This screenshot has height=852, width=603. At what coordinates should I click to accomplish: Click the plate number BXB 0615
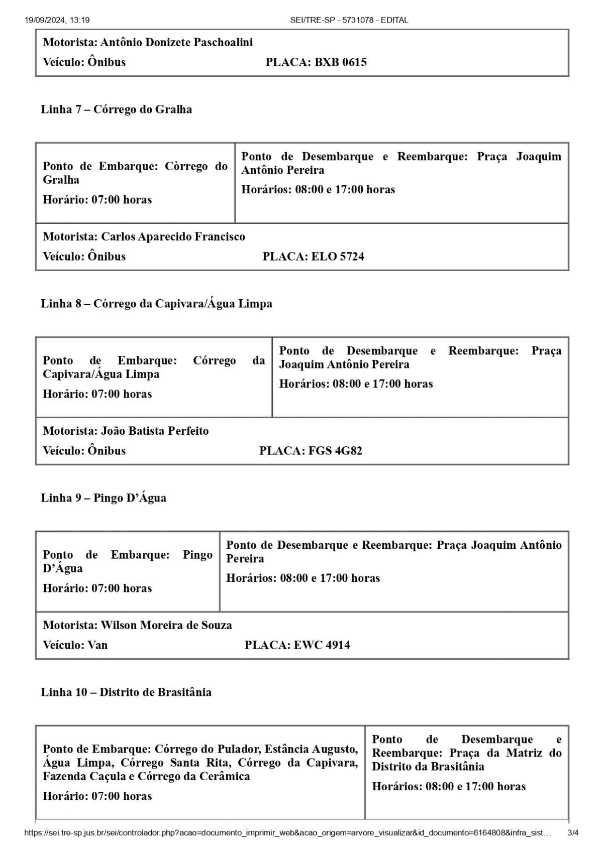point(341,62)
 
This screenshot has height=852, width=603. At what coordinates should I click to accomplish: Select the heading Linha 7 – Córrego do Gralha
point(116,109)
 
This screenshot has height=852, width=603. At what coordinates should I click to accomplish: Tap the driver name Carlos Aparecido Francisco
point(173,236)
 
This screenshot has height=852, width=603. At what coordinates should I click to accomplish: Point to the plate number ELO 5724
point(338,257)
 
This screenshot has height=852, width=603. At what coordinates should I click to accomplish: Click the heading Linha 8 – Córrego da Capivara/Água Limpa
point(156,304)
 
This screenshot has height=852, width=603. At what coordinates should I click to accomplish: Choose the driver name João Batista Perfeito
point(155,431)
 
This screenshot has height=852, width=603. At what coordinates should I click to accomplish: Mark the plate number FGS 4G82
point(335,451)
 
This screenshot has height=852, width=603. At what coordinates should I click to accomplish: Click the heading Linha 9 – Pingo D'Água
point(104,498)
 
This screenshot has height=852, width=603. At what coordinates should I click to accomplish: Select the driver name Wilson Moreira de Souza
point(166,625)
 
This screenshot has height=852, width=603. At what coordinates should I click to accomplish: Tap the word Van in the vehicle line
point(97,645)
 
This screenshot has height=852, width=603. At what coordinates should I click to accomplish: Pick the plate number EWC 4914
point(322,645)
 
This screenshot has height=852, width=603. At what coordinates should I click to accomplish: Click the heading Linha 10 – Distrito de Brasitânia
point(126,692)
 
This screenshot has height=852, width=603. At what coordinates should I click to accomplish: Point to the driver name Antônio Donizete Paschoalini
point(176,42)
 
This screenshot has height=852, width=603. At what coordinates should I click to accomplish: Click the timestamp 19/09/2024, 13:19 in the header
point(57,20)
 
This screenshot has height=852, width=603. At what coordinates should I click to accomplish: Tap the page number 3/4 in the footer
point(573,833)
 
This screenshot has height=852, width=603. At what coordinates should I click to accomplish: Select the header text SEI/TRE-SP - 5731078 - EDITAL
point(349,20)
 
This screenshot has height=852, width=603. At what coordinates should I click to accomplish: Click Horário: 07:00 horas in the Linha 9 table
point(97,588)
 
